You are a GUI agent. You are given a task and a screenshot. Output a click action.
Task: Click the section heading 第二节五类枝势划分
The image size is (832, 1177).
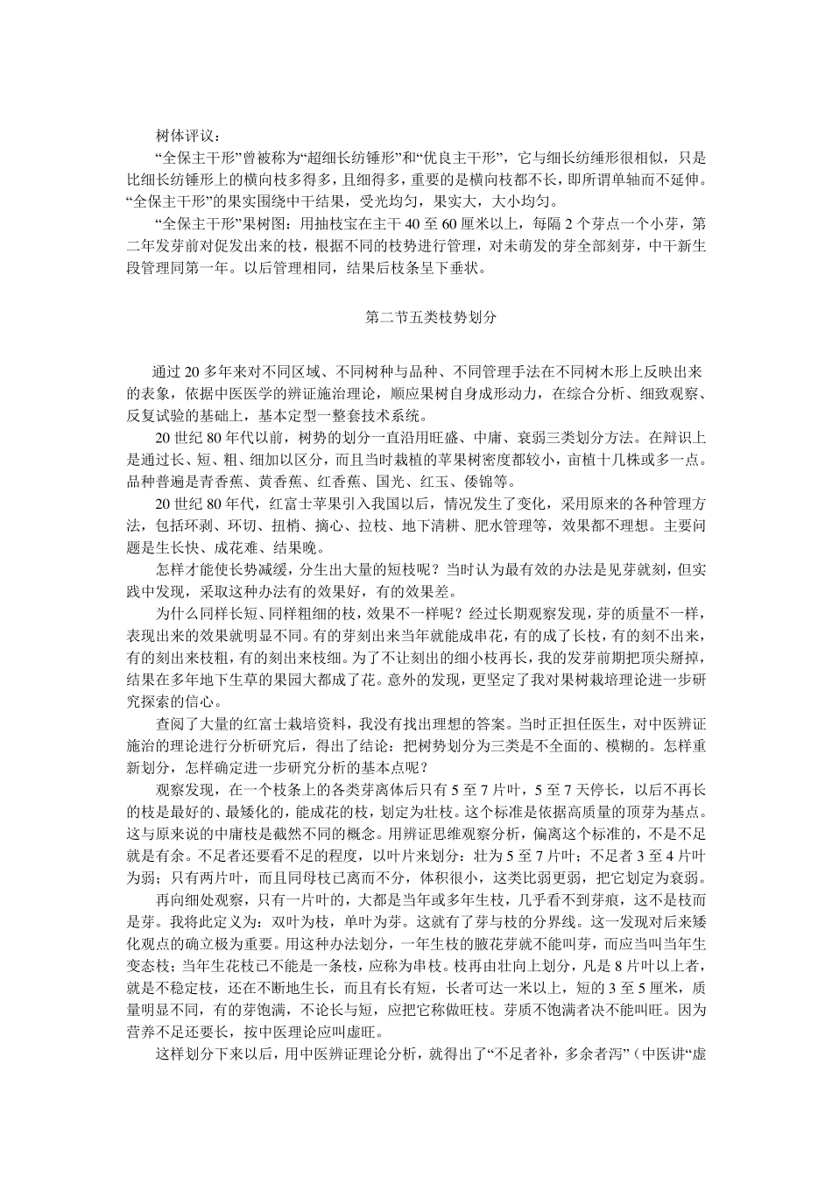click(x=431, y=317)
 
